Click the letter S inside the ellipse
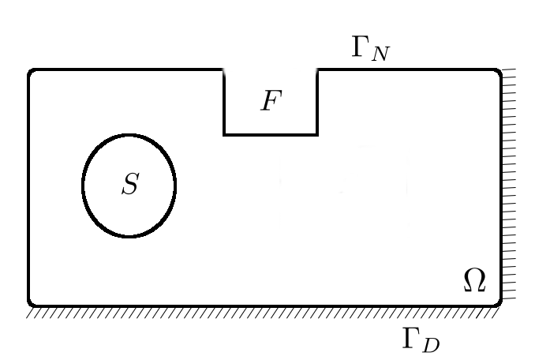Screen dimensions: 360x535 click(x=130, y=185)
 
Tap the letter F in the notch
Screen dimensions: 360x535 click(x=271, y=103)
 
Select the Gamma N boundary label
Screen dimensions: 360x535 click(x=370, y=49)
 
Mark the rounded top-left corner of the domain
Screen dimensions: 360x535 click(x=32, y=73)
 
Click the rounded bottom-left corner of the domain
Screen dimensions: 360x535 click(x=32, y=302)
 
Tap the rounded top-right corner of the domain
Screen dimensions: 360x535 click(x=498, y=73)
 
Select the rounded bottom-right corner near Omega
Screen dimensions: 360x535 click(x=498, y=302)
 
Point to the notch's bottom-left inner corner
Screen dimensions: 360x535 click(x=225, y=134)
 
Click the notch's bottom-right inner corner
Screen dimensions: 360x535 click(x=317, y=134)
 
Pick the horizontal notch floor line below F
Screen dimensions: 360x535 click(x=271, y=134)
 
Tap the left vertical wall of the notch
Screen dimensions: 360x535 click(x=225, y=103)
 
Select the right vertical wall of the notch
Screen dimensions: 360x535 click(x=317, y=103)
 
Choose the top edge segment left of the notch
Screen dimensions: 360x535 click(x=126, y=70)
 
